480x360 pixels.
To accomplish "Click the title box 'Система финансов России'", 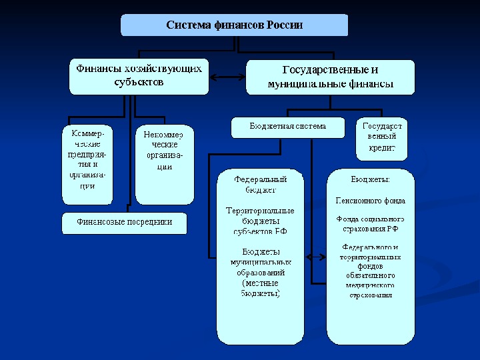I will coord(234,25).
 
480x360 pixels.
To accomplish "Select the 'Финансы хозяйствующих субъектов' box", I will coord(139,75).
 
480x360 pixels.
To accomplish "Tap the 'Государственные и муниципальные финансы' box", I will coord(330,77).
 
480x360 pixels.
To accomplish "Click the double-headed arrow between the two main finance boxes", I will coord(227,77).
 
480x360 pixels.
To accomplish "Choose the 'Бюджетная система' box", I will coord(288,126).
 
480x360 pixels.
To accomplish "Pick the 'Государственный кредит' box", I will coord(382,137).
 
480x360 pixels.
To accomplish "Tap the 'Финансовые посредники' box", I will coord(124,222).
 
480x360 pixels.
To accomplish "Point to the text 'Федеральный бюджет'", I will coord(260,185).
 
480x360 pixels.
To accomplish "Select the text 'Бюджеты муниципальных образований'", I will coord(260,262).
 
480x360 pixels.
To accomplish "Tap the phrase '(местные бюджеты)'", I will coord(260,288).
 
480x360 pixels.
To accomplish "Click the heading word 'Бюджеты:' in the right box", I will coord(370,179).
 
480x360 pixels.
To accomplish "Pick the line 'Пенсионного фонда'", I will coord(370,200).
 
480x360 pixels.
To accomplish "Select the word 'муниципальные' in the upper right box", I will coord(299,84).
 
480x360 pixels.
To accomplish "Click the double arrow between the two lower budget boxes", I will coord(315,255).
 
